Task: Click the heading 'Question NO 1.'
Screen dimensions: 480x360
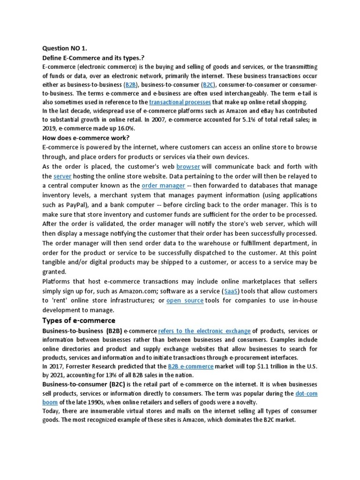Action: pyautogui.click(x=64, y=48)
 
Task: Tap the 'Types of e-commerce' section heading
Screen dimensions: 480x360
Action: pyautogui.click(x=79, y=321)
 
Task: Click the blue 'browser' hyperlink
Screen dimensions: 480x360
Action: pyautogui.click(x=188, y=166)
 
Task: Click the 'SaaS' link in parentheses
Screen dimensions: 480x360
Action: pyautogui.click(x=231, y=291)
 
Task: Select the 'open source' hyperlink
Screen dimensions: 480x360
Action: pyautogui.click(x=185, y=300)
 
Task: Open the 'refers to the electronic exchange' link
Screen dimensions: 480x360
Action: pyautogui.click(x=204, y=331)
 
